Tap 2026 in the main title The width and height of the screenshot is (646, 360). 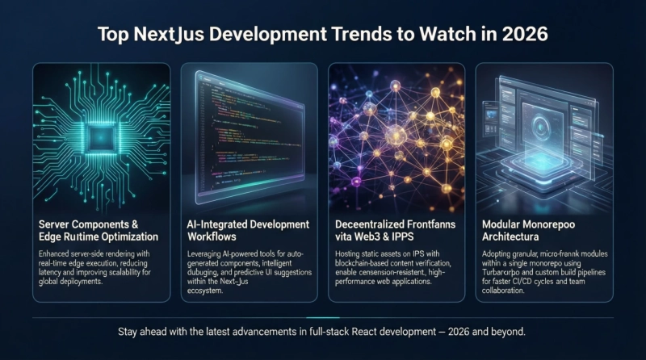coord(524,35)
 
